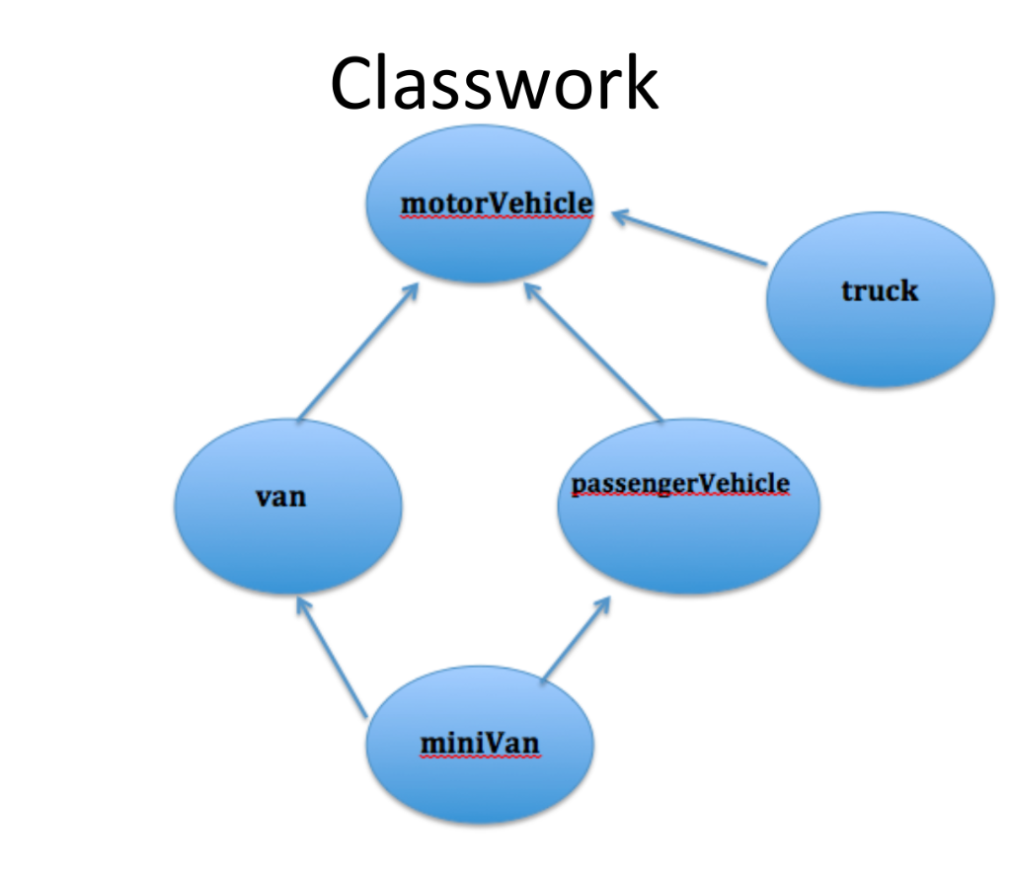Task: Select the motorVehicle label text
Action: (x=497, y=202)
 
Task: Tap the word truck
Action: (x=879, y=290)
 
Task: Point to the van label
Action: (x=281, y=496)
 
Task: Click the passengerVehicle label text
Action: (x=680, y=483)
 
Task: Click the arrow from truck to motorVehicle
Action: (x=691, y=238)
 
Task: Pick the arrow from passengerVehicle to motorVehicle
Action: (x=592, y=351)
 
